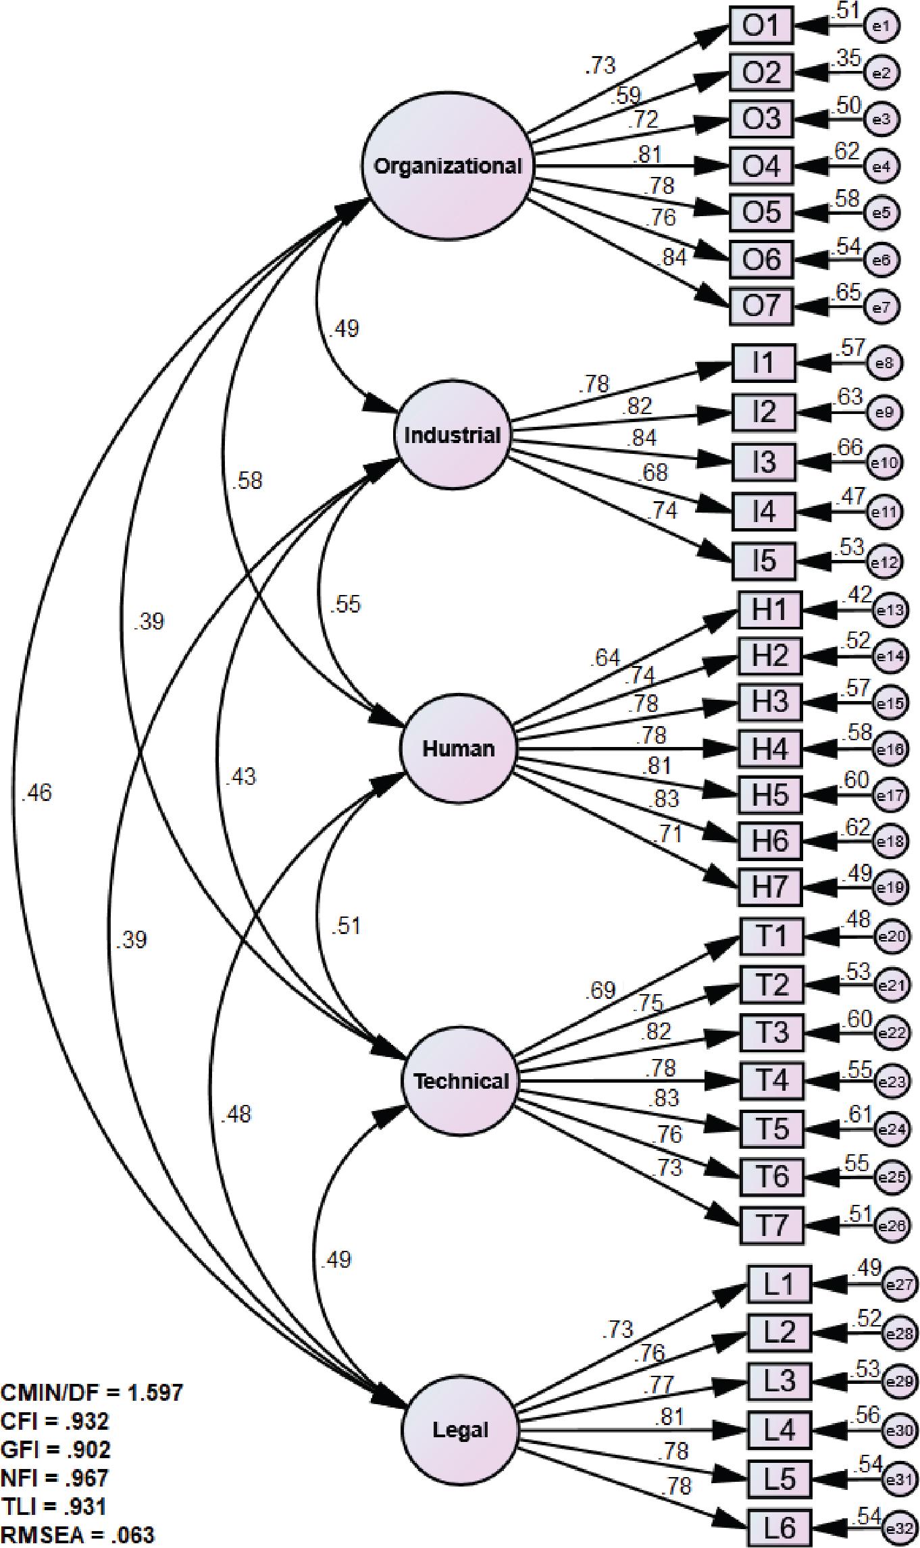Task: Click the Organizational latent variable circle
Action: [448, 166]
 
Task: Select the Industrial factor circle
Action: [452, 435]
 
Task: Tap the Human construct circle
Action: [458, 748]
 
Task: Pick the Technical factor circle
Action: [461, 1081]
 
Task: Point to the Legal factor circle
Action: [460, 1429]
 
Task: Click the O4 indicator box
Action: [761, 166]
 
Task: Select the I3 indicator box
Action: [764, 463]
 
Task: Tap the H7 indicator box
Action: [770, 887]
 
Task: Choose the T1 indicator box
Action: [771, 937]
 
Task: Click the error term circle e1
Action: [882, 27]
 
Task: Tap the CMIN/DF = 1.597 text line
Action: [92, 1392]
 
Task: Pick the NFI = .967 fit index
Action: [55, 1478]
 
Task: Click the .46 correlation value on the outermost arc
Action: [36, 793]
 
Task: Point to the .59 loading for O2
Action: [626, 95]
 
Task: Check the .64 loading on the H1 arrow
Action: [605, 657]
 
